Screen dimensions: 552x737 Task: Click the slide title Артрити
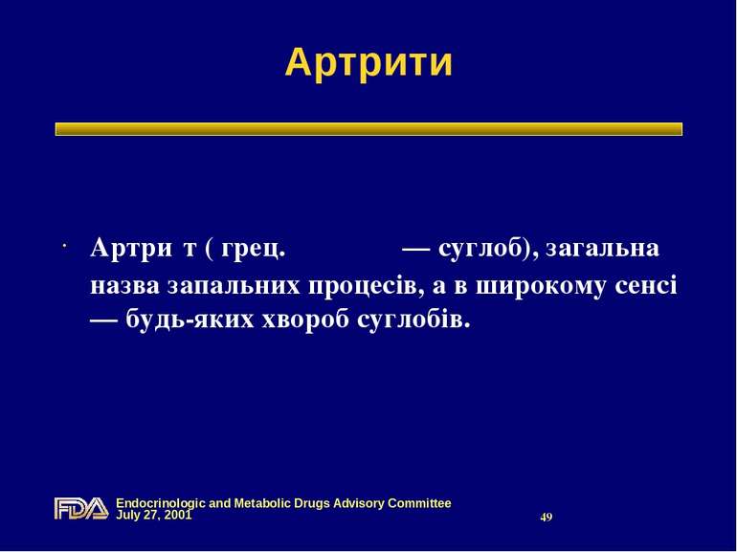click(x=368, y=63)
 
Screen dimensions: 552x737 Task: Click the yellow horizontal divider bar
click(x=368, y=129)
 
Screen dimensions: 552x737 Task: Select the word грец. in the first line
click(x=254, y=249)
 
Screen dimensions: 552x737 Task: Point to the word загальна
click(x=603, y=249)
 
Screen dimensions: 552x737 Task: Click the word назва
click(x=124, y=286)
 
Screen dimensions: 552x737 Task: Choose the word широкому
click(x=546, y=286)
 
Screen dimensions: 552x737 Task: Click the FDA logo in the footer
click(x=80, y=508)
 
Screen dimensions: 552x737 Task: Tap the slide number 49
click(x=547, y=517)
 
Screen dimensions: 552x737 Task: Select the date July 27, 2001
click(x=154, y=515)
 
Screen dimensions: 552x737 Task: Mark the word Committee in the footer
click(x=417, y=502)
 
